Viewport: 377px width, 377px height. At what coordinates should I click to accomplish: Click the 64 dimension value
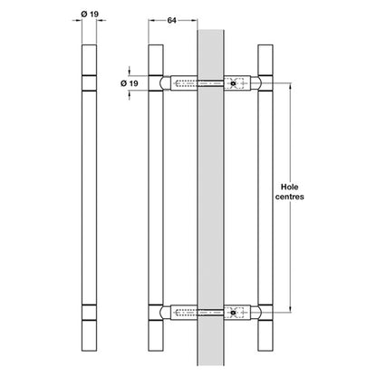[x=171, y=20]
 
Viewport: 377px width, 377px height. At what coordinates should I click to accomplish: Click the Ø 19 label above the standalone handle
[x=90, y=14]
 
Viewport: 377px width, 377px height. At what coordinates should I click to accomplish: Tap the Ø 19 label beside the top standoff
[x=130, y=83]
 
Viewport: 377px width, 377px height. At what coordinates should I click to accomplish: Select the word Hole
[x=289, y=187]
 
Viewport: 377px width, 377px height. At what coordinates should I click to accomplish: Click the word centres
[x=289, y=197]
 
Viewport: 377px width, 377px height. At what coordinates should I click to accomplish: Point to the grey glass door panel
[x=210, y=198]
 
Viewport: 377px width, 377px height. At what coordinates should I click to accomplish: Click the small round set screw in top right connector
[x=233, y=83]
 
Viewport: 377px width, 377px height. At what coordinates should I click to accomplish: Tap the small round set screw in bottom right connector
[x=233, y=313]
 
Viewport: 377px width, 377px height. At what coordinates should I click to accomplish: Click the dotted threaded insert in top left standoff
[x=186, y=83]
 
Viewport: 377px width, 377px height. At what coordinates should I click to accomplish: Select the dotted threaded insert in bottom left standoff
[x=186, y=313]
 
